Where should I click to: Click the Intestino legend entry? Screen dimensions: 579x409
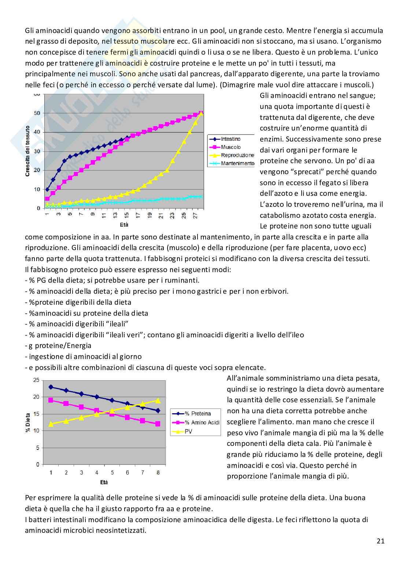click(231, 139)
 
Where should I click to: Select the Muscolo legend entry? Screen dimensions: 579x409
click(231, 147)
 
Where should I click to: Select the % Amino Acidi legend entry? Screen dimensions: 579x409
click(202, 422)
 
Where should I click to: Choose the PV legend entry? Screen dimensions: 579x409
click(188, 432)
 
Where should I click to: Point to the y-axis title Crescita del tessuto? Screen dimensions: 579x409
click(27, 151)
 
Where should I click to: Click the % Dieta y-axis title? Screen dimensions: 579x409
click(28, 422)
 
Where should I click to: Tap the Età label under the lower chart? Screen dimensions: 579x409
click(104, 482)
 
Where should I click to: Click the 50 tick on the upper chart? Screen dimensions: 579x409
click(37, 113)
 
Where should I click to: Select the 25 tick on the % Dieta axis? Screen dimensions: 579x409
click(36, 380)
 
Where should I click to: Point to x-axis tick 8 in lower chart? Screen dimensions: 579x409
click(158, 473)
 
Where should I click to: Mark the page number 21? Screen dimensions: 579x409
click(380, 540)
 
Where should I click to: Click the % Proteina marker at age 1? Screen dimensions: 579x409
click(51, 387)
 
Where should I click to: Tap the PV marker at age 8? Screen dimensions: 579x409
click(158, 400)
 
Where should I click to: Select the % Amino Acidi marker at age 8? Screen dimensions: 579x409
click(158, 424)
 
